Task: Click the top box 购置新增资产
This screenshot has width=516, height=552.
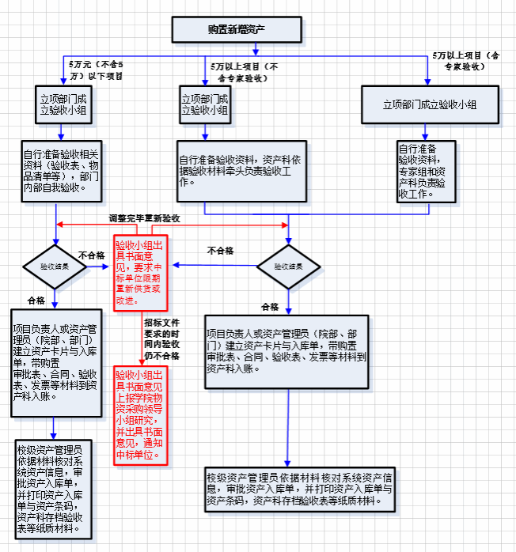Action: point(236,29)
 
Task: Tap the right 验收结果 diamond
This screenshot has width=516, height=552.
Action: point(288,267)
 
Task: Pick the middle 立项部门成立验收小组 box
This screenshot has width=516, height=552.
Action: point(205,104)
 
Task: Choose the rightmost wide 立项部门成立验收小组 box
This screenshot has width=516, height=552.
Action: point(429,104)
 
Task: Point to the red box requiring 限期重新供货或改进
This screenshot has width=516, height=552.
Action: point(142,273)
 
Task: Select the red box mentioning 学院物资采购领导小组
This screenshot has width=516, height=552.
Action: point(142,414)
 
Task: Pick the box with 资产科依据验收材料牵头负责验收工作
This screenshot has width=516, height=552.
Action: point(241,170)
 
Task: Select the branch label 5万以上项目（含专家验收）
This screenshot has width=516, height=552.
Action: point(466,61)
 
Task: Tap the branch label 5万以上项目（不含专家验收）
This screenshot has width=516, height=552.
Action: point(245,72)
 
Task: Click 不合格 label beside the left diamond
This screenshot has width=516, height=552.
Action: point(91,255)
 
